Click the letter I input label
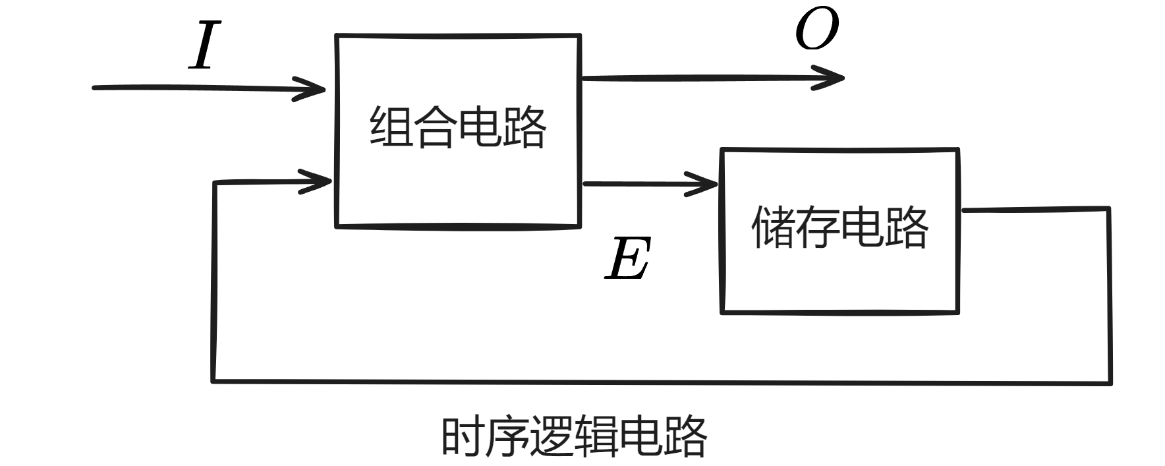204,45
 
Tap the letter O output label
816,30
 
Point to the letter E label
628,259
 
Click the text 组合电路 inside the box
457,127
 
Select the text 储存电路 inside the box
839,227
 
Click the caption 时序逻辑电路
573,436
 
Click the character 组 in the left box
391,127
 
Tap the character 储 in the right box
773,227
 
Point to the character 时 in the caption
463,436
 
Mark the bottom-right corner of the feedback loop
1111,382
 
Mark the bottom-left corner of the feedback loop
213,380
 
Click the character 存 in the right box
817,227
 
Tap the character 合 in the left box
435,127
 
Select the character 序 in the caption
507,436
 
